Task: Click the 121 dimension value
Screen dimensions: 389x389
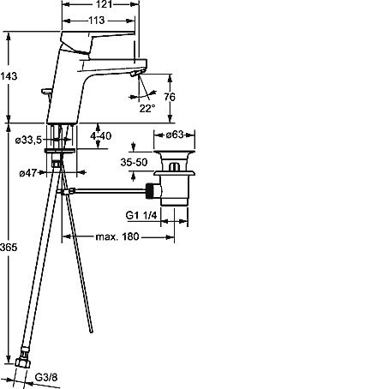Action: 104,4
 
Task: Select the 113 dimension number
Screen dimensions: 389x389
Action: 97,21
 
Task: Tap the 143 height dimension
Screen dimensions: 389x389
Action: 9,76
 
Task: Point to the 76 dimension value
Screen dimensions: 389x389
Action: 170,97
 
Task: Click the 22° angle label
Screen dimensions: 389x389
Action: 147,108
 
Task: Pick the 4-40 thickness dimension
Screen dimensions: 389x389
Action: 100,135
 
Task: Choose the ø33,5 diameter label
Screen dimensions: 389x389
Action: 28,140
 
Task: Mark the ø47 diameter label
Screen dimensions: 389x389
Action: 28,173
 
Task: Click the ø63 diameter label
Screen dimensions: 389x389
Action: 175,135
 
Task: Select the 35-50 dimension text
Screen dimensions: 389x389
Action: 134,162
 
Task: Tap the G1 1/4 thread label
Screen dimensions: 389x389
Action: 141,215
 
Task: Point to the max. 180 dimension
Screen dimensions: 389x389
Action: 117,236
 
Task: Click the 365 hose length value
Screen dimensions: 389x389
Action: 9,247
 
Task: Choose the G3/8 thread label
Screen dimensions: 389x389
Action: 46,377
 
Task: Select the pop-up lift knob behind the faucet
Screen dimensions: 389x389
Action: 46,92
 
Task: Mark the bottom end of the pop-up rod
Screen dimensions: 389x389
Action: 92,332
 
